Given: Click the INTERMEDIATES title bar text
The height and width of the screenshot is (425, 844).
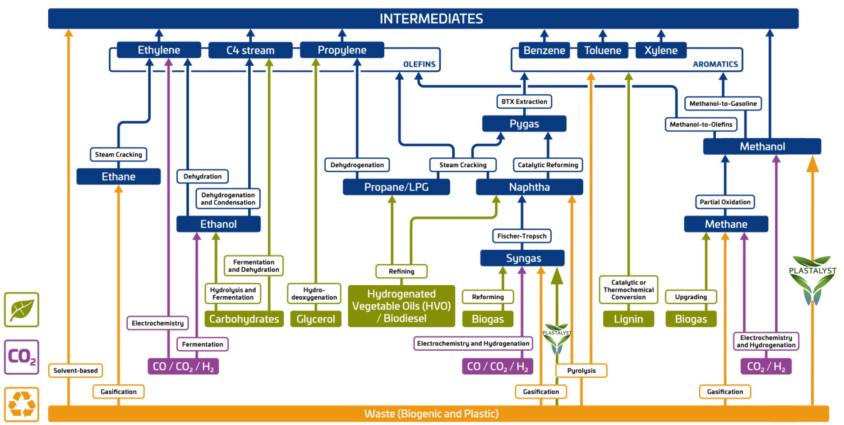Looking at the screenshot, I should pyautogui.click(x=431, y=18).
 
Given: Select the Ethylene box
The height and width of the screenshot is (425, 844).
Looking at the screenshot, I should pyautogui.click(x=159, y=50).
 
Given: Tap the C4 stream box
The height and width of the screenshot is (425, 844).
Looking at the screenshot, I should pyautogui.click(x=250, y=50).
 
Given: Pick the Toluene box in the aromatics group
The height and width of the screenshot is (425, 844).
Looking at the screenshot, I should pyautogui.click(x=603, y=50).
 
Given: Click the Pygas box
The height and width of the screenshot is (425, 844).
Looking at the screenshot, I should pyautogui.click(x=524, y=123).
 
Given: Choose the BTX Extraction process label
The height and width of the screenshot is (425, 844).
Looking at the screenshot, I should pyautogui.click(x=524, y=101).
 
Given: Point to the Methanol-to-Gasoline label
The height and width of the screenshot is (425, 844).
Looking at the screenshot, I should pyautogui.click(x=723, y=103).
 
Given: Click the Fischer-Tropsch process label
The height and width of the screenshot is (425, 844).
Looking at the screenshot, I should pyautogui.click(x=521, y=236).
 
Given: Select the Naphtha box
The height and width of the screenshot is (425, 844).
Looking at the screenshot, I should pyautogui.click(x=529, y=187).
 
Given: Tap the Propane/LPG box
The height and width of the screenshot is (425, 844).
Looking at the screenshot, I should pyautogui.click(x=396, y=187).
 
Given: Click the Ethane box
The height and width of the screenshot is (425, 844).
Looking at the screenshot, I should pyautogui.click(x=118, y=177).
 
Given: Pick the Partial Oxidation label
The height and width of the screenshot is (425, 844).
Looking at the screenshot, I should pyautogui.click(x=725, y=202).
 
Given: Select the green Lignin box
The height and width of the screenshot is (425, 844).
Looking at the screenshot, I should pyautogui.click(x=628, y=319).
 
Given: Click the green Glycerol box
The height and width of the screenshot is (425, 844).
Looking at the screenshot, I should pyautogui.click(x=315, y=319).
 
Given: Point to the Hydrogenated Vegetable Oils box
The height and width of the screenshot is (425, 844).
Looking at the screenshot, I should pyautogui.click(x=401, y=306).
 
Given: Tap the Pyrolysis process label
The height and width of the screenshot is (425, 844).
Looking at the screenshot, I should pyautogui.click(x=581, y=370).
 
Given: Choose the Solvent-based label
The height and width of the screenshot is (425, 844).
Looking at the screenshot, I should pyautogui.click(x=75, y=370).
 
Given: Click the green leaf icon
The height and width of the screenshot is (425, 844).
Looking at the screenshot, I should pyautogui.click(x=22, y=310).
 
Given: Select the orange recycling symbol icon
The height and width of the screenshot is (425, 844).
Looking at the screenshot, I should pyautogui.click(x=22, y=404).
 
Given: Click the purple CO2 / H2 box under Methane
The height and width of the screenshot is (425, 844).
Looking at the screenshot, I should pyautogui.click(x=766, y=366).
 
